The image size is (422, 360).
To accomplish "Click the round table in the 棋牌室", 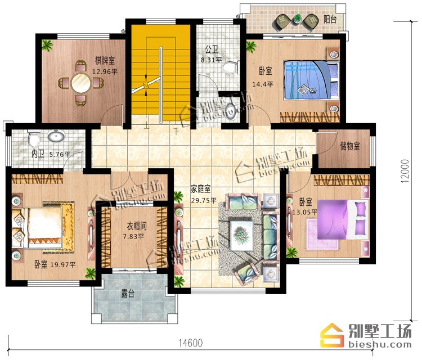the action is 80,83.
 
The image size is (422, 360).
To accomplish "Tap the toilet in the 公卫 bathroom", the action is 230,67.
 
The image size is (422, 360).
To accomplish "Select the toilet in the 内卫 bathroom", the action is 34,138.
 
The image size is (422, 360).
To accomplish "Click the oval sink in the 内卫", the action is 56,136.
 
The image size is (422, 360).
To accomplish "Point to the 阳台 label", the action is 330,19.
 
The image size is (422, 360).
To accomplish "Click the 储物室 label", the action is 350,146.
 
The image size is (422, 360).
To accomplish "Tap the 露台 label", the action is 128,294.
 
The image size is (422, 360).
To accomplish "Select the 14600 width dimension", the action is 191,343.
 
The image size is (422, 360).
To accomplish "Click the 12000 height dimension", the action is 405,172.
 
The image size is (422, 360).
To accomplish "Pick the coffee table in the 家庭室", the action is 241,236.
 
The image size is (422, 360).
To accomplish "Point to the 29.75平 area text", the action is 204,200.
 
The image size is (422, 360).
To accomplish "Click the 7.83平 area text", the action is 134,236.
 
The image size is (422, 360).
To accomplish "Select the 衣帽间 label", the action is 137,226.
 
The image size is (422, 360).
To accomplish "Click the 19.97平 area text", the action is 63,265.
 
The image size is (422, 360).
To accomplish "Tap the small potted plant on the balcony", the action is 297,19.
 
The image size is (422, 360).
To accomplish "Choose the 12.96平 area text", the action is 105,71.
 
